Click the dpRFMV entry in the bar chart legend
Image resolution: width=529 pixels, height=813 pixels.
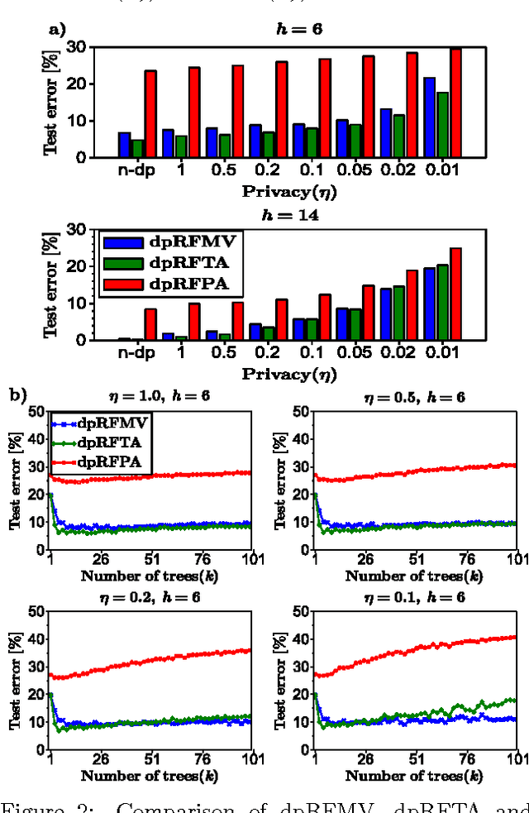tap(168, 243)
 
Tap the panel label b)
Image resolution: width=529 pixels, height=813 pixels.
tap(18, 395)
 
